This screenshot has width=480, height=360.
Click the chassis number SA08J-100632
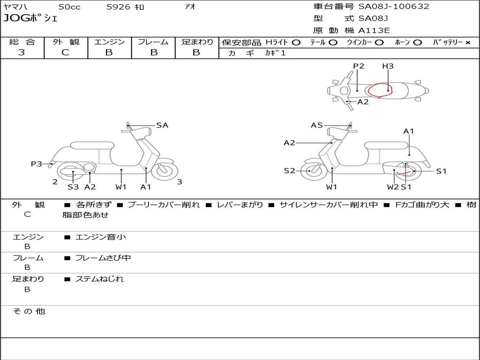[x=394, y=7]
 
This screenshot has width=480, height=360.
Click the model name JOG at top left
[x=15, y=19]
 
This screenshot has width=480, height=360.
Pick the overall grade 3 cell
[x=22, y=52]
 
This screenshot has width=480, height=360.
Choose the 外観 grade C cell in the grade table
[x=66, y=52]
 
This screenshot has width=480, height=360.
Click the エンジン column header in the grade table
[x=109, y=42]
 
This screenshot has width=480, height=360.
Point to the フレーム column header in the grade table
[x=153, y=42]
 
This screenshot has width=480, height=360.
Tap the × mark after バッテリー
[x=467, y=42]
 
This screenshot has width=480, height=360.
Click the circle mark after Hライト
[x=296, y=42]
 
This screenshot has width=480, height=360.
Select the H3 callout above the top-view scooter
[x=388, y=66]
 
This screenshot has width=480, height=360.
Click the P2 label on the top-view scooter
[x=359, y=66]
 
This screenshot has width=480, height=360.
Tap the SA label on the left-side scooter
[x=162, y=125]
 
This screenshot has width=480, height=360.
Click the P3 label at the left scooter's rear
[x=37, y=164]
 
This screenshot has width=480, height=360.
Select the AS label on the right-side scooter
[x=317, y=125]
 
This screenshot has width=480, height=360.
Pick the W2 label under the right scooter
[x=392, y=187]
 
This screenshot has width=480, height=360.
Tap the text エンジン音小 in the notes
[x=101, y=237]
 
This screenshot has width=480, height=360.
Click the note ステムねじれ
[x=99, y=279]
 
